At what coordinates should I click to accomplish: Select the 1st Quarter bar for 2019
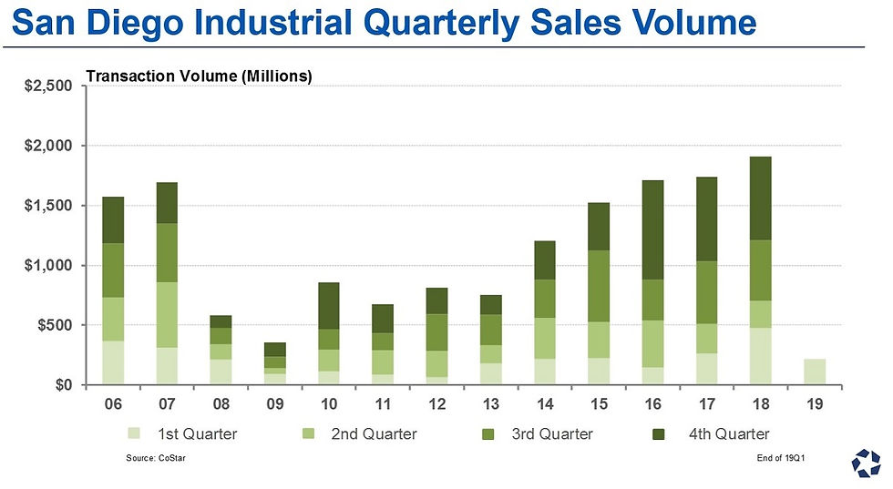pyautogui.click(x=815, y=372)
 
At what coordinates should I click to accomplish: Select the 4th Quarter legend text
pyautogui.click(x=729, y=434)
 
